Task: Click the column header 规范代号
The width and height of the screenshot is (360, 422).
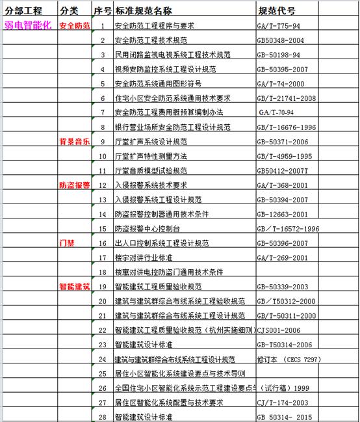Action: tap(277, 10)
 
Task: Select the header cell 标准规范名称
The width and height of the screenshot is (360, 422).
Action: tap(144, 10)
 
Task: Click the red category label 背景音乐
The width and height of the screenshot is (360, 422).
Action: tap(75, 141)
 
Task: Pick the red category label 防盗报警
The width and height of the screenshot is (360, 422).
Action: tap(75, 185)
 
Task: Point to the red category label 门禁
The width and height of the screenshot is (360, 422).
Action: tap(68, 243)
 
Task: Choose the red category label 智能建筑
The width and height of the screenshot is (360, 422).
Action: tap(75, 286)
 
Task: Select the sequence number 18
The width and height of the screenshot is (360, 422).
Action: tap(102, 272)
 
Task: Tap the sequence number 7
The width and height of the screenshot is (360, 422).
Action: tap(102, 112)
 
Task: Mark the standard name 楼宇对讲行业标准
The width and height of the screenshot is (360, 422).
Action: tap(144, 257)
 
